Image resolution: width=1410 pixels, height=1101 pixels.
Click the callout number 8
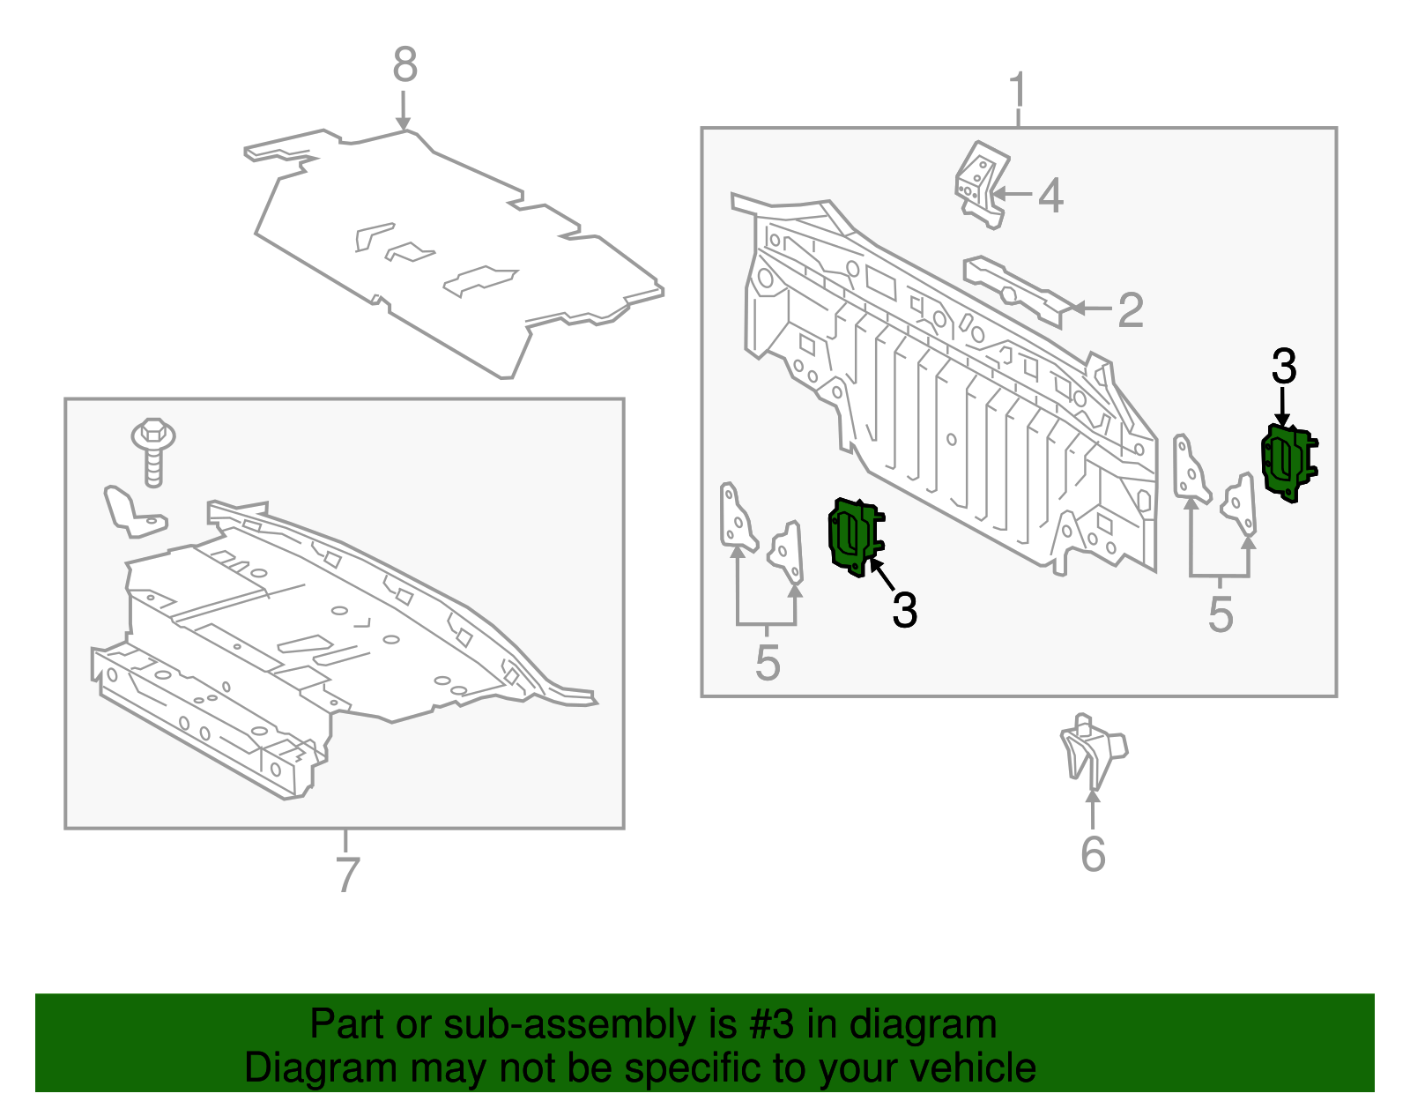point(404,65)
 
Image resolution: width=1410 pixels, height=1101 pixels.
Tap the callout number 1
point(1018,91)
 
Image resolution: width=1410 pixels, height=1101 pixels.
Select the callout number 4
point(1050,195)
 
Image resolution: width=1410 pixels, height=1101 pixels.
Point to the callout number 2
point(1131,309)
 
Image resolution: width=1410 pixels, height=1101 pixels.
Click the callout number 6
point(1093,853)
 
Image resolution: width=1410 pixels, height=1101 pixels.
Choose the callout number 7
point(348,874)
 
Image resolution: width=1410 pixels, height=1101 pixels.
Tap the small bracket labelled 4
point(982,184)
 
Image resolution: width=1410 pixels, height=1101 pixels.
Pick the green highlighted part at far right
point(1289,461)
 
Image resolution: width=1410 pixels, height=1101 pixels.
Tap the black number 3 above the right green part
point(1284,367)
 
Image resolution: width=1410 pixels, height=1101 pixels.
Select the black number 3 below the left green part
point(904,609)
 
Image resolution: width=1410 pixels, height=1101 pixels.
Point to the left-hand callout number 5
point(768,662)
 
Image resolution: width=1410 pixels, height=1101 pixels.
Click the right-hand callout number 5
point(1221,614)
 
